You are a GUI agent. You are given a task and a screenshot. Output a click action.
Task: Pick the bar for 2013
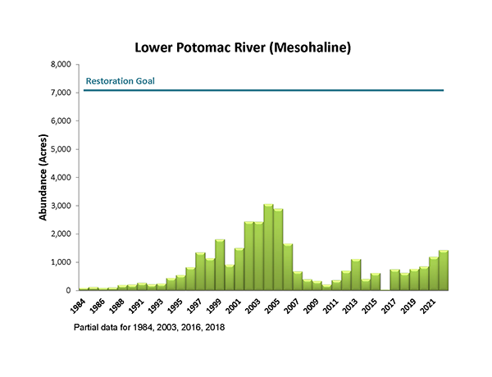[x=356, y=275]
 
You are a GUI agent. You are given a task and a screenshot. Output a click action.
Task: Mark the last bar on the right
[x=444, y=270]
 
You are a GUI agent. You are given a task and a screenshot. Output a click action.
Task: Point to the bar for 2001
[x=239, y=270]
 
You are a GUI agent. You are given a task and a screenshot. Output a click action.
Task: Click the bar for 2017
[x=395, y=279]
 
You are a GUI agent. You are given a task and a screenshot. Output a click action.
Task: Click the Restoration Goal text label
[x=121, y=81]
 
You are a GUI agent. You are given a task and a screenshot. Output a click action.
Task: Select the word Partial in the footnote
[x=87, y=327]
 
